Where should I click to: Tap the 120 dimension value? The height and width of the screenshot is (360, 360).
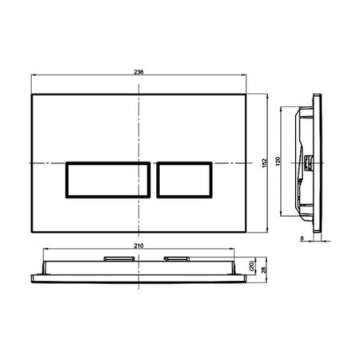pos(277,162)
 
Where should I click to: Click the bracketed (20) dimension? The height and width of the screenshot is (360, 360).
pos(251,266)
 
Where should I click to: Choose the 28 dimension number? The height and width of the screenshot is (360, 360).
pos(265,271)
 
